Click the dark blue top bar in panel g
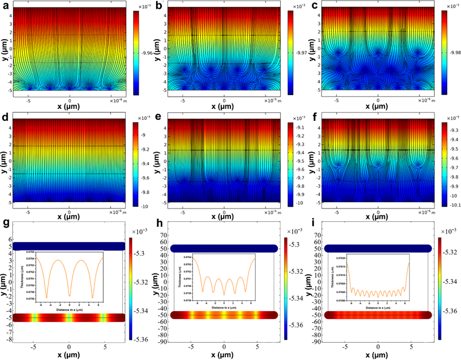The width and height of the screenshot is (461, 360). [x=69, y=247]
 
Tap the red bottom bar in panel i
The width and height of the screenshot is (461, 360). [x=377, y=314]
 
